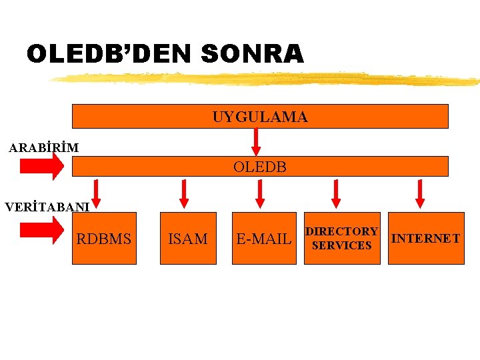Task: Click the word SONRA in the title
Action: pos(251,54)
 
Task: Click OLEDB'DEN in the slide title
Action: pos(109,54)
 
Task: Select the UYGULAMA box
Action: pos(260,117)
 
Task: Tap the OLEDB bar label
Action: pos(260,167)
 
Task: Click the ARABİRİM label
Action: pos(44,147)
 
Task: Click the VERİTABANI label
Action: pos(47,207)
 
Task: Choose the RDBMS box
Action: pos(104,239)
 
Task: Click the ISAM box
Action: pos(188,239)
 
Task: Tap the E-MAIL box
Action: pos(264,239)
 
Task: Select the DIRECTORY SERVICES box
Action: pos(342,238)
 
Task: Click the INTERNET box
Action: pos(425,238)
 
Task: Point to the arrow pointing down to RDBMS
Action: pos(97,193)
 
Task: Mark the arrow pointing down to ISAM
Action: pos(184,193)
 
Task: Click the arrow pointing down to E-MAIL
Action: pos(261,193)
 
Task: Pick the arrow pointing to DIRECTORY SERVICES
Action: pos(337,193)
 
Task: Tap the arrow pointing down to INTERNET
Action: pos(420,193)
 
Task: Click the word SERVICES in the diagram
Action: pos(342,245)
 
